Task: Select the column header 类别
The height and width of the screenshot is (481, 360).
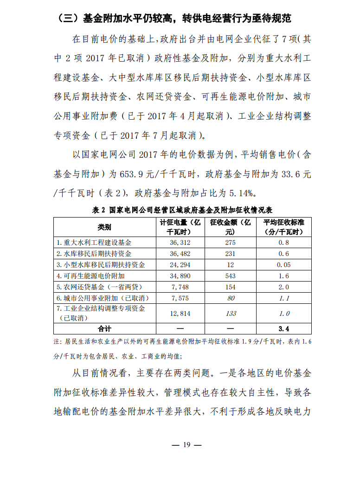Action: click(x=104, y=227)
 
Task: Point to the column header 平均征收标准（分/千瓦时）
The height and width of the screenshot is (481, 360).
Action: click(x=283, y=227)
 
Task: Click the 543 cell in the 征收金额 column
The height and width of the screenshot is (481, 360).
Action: click(x=230, y=276)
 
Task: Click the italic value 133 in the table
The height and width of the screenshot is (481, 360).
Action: click(x=230, y=314)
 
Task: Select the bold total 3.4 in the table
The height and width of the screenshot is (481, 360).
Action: click(x=283, y=329)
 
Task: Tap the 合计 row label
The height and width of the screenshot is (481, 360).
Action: click(x=104, y=329)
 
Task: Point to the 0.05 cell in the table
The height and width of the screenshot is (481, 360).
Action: click(x=283, y=265)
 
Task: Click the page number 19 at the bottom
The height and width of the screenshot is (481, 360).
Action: click(x=186, y=445)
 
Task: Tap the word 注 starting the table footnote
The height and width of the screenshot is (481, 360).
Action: click(x=57, y=342)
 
